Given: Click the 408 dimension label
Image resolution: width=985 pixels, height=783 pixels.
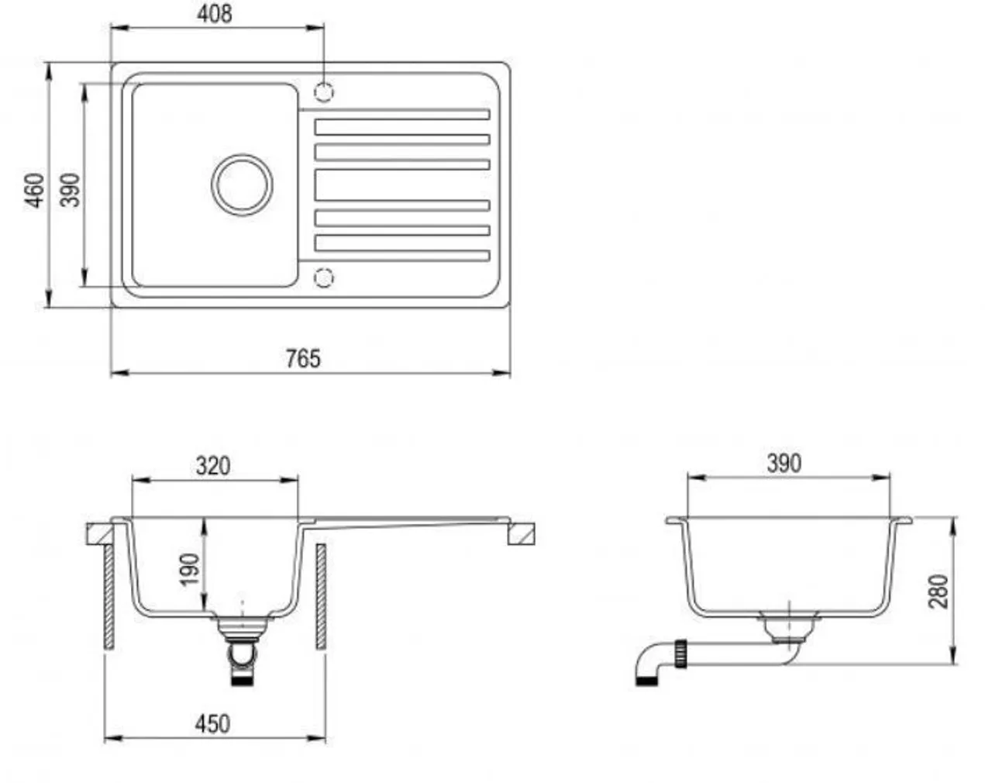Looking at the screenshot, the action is tap(214, 14).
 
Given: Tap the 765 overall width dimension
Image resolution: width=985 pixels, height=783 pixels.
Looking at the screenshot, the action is tap(303, 358).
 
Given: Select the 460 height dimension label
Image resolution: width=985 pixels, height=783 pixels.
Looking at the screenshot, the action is tap(34, 191).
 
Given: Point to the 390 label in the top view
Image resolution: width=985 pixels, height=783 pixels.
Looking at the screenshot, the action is tap(70, 190).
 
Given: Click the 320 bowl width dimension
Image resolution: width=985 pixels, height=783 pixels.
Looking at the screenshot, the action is tap(213, 466).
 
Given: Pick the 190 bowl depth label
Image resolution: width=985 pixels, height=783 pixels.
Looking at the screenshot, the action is tap(190, 569).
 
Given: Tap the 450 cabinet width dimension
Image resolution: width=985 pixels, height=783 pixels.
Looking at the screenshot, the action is tap(213, 724).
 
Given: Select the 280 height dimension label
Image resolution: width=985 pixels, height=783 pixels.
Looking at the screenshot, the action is tap(938, 592).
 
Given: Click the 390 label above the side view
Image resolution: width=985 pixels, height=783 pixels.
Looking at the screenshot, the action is tap(784, 464).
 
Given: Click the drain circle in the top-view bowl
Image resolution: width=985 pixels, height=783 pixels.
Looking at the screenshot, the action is tap(242, 185).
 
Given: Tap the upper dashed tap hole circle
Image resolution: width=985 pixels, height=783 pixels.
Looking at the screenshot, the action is tap(324, 92).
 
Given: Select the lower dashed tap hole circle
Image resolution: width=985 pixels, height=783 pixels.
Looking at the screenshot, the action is tap(324, 278).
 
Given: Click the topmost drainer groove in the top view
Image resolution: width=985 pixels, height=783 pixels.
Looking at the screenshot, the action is tap(394, 114).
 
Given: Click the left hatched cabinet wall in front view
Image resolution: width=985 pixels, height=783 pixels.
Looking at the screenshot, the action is tap(109, 597).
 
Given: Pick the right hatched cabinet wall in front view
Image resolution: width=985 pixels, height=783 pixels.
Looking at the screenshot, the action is tap(321, 597).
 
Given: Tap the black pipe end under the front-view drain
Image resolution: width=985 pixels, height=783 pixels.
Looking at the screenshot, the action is tap(242, 681).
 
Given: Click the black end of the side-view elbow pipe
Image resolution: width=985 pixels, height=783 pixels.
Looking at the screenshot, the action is tap(647, 681).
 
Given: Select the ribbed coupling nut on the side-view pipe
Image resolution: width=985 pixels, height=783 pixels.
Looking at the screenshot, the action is tap(680, 654).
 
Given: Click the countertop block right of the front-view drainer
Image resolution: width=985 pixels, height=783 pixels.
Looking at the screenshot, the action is tap(522, 534).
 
